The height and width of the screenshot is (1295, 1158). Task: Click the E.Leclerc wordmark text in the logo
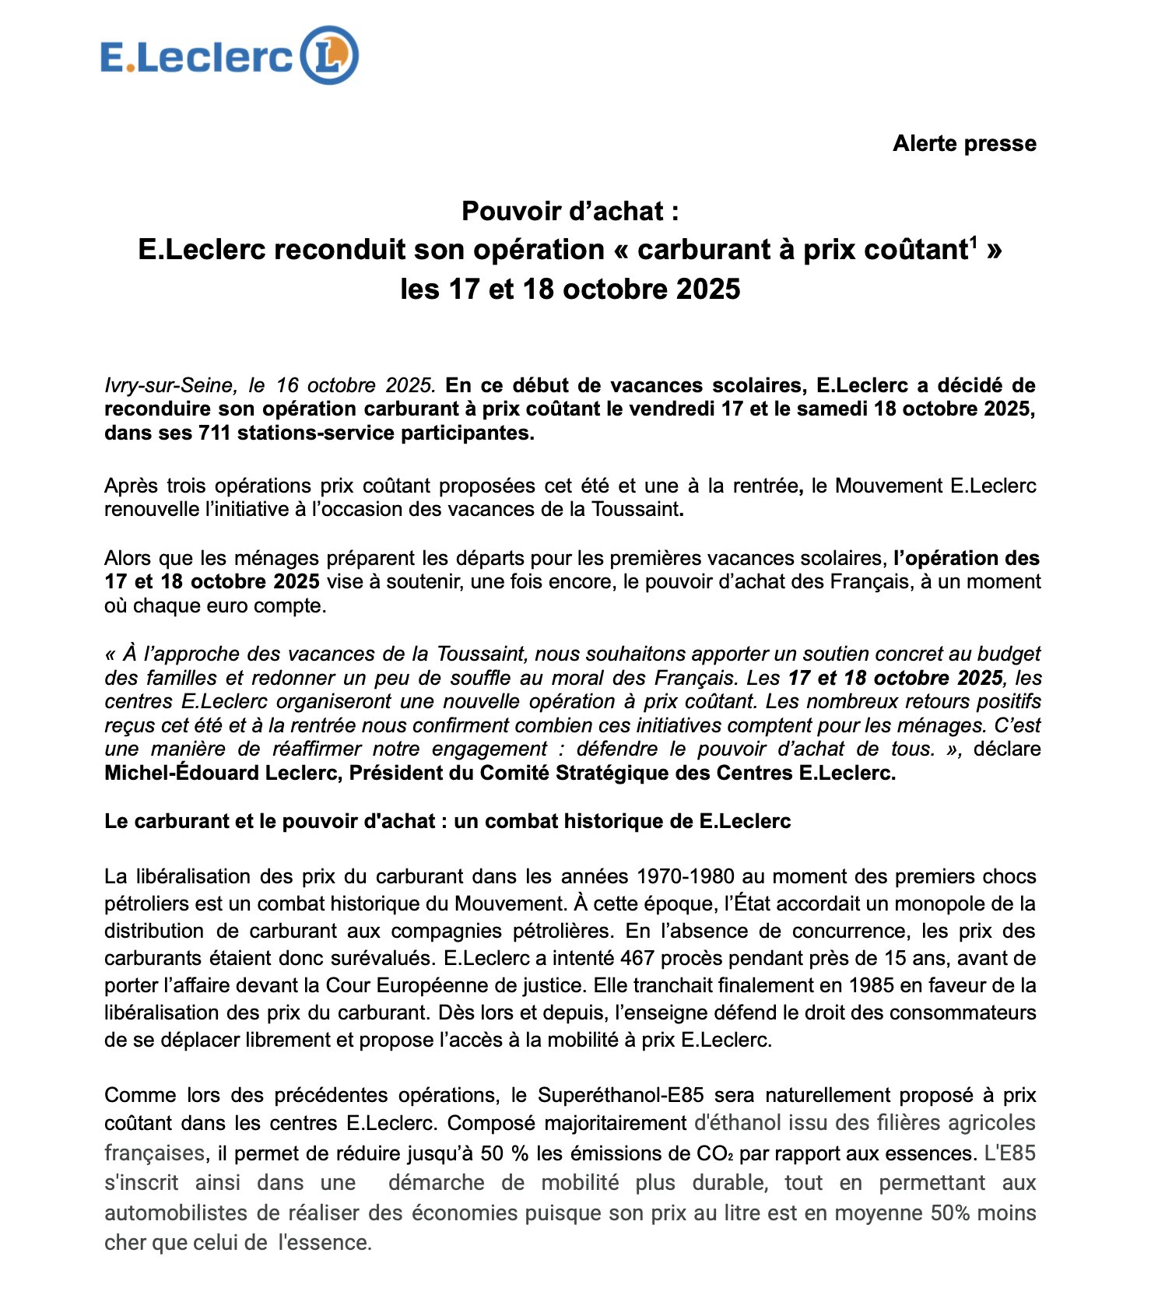(x=196, y=58)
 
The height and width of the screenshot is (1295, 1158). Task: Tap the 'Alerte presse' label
(x=963, y=144)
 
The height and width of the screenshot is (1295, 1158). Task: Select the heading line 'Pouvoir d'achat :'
(x=570, y=211)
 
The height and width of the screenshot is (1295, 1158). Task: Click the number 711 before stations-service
(x=214, y=433)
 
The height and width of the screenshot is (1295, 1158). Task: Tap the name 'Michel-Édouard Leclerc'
(x=222, y=773)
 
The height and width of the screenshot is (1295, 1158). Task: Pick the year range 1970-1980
(x=685, y=876)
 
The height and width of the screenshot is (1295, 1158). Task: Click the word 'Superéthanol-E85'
(x=620, y=1095)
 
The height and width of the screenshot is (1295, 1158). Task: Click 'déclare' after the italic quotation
(x=1006, y=749)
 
